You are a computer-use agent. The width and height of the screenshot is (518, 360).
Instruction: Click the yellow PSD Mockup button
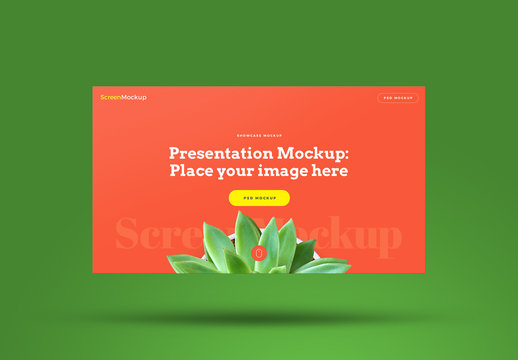point(259,198)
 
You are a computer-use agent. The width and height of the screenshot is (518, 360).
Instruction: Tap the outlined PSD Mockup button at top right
point(398,98)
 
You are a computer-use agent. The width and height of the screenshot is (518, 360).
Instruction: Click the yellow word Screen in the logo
point(110,97)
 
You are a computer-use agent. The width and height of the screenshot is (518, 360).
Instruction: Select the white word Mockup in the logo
point(133,97)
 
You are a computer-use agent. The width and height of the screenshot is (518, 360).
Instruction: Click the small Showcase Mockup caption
point(259,135)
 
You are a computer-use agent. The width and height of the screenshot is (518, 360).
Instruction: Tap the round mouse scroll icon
point(259,254)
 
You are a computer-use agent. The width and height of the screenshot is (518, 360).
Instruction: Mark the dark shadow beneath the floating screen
point(259,318)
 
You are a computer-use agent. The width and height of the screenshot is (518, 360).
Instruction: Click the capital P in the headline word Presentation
point(175,153)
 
